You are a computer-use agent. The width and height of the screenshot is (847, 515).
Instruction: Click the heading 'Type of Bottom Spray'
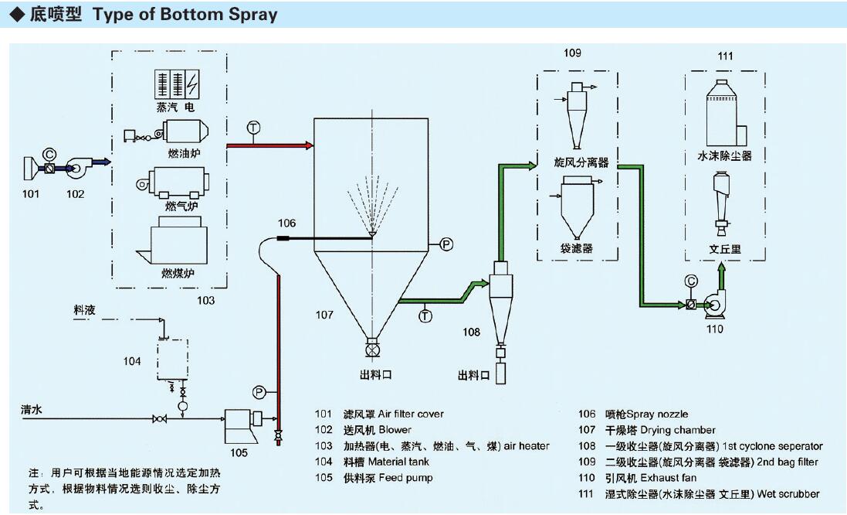click(x=185, y=15)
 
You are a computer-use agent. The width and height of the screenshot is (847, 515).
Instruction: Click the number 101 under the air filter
click(x=30, y=194)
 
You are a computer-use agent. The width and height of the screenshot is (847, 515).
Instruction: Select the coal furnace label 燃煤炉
click(x=177, y=273)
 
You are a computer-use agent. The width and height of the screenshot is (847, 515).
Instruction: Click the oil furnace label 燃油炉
click(x=182, y=153)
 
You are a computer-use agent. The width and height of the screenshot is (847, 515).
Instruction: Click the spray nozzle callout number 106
click(x=286, y=223)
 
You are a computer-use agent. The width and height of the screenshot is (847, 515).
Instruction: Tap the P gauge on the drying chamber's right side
click(x=446, y=244)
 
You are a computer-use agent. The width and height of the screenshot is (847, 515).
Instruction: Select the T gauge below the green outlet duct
click(x=425, y=315)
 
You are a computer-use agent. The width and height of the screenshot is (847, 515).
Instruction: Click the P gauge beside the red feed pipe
click(x=259, y=391)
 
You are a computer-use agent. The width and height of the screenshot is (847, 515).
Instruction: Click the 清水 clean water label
click(x=32, y=411)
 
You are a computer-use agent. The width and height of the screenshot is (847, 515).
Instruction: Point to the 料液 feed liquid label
click(x=84, y=309)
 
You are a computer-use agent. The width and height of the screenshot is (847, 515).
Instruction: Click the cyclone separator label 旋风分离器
click(x=581, y=163)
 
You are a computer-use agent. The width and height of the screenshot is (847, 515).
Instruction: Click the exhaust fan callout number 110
click(x=715, y=329)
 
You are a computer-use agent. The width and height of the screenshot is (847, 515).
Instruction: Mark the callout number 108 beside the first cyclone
click(x=471, y=333)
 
